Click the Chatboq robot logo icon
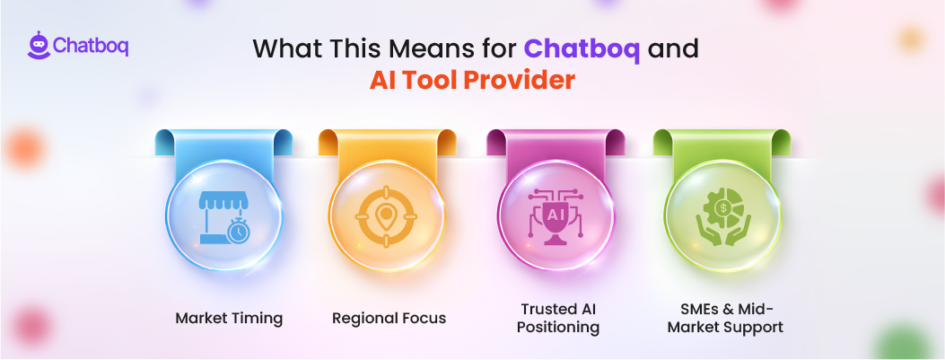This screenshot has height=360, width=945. tap(39, 46)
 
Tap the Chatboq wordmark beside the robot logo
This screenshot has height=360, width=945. tap(90, 46)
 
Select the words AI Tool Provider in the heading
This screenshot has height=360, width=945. tap(472, 81)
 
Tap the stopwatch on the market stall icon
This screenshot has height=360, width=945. tap(237, 231)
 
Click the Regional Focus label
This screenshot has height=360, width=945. tap(389, 318)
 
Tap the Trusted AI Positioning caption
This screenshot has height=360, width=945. tap(558, 318)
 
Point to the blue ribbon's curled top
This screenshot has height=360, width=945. tap(223, 141)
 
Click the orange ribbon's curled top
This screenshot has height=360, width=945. tap(389, 141)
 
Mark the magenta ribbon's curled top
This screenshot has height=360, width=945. tap(556, 141)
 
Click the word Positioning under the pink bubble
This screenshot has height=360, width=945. tap(558, 327)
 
